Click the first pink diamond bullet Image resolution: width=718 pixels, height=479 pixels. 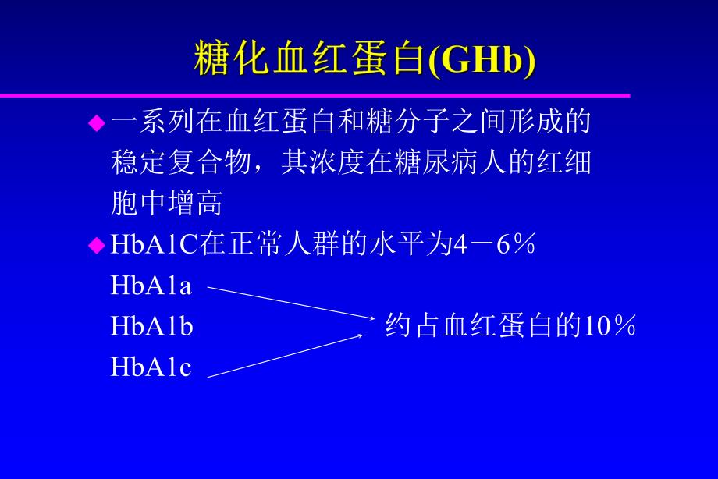(x=96, y=122)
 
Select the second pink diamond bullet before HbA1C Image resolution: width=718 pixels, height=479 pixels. (x=96, y=246)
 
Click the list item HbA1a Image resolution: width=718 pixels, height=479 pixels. (x=151, y=286)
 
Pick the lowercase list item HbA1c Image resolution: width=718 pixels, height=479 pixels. (x=151, y=367)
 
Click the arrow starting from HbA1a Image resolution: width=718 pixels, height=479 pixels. (x=289, y=302)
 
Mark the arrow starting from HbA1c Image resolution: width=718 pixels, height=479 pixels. (x=285, y=356)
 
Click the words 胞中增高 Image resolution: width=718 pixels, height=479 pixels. (x=166, y=204)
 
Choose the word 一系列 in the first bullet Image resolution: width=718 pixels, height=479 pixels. (x=152, y=122)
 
